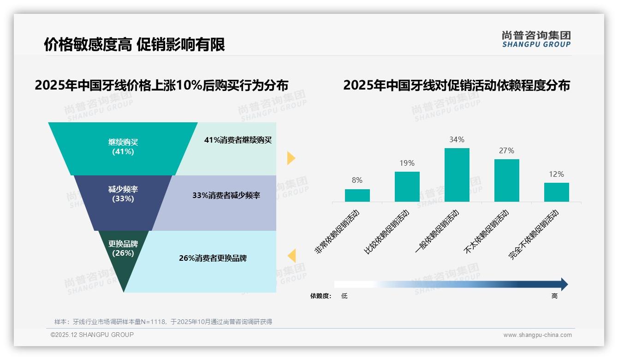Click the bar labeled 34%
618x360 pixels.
457,175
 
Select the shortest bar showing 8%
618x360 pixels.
357,196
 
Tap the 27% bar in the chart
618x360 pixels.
506,180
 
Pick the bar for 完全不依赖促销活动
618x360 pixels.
556,192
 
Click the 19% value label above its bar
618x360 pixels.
407,163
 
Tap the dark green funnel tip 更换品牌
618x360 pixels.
123,258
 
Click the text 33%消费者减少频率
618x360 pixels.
226,196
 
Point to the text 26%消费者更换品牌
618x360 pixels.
213,258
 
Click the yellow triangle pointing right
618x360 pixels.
291,158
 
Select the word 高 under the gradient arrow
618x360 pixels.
554,296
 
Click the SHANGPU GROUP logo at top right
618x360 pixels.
536,39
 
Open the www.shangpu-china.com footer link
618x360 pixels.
537,335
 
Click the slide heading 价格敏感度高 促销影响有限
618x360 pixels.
134,45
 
